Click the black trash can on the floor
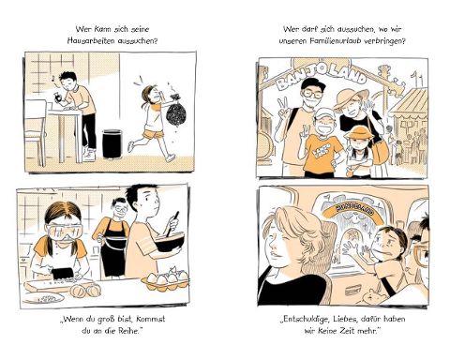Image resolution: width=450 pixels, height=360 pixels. (x=112, y=143)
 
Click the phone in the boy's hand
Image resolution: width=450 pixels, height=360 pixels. (x=59, y=97)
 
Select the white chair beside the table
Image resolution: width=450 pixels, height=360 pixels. (x=35, y=131)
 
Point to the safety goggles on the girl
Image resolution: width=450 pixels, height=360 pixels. (x=64, y=232)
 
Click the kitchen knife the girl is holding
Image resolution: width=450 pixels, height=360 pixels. (x=63, y=274)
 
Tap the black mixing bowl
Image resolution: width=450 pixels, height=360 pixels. (x=169, y=242)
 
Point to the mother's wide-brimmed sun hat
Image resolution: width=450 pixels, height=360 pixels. (x=351, y=98)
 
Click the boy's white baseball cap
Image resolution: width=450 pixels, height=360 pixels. (x=323, y=114)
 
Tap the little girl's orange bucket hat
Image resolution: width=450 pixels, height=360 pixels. (x=359, y=132)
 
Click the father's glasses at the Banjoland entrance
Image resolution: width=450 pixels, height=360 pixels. (x=311, y=94)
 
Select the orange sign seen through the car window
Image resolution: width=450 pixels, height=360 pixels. (x=355, y=212)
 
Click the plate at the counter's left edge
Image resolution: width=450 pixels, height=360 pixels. (x=43, y=298)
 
